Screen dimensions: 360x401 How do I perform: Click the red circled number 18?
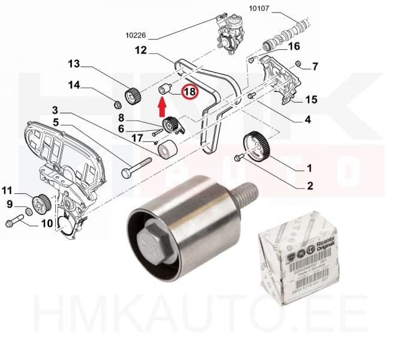coord(189,92)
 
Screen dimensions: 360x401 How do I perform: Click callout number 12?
coord(140,51)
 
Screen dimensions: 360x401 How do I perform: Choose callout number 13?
coord(74,64)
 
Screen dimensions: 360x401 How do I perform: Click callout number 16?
coord(294,46)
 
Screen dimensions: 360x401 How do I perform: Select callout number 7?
coord(315,66)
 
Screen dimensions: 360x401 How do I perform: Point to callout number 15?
coord(311,99)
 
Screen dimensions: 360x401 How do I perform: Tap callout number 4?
coord(307,119)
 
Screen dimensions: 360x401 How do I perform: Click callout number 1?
coord(310,167)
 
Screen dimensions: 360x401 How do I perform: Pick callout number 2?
coord(310,186)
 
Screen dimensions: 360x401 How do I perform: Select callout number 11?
coord(7,191)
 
